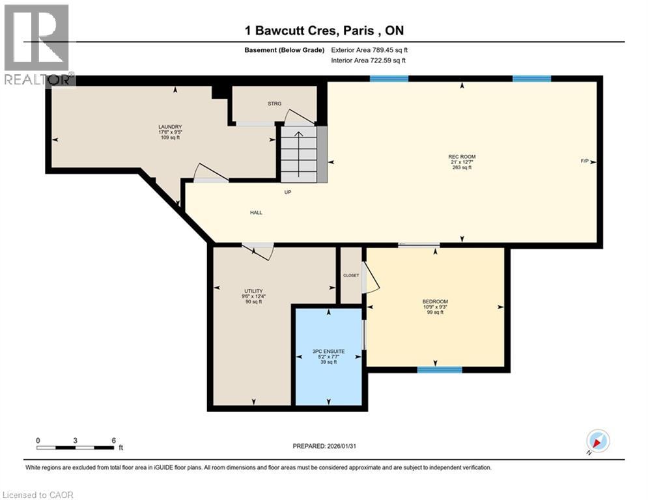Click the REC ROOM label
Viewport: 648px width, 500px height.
[x=461, y=157]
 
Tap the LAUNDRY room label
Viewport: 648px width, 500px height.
[x=169, y=127]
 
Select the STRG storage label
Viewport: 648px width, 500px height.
[x=274, y=104]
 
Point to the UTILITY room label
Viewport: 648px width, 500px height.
[x=253, y=291]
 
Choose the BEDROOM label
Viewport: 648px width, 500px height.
[x=435, y=301]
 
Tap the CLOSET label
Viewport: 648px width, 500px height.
[x=351, y=275]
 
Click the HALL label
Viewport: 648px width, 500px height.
[x=256, y=212]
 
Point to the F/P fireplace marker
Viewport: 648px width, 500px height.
[x=585, y=161]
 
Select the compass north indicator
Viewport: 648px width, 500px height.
[x=597, y=441]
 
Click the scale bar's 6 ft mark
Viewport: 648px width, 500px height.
[x=113, y=441]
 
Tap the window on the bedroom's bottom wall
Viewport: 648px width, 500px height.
[x=440, y=370]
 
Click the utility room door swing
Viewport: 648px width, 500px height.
[x=259, y=251]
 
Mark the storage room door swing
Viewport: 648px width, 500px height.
[x=298, y=117]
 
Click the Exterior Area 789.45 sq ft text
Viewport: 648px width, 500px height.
[x=369, y=50]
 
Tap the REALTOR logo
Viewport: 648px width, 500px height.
[x=38, y=44]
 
